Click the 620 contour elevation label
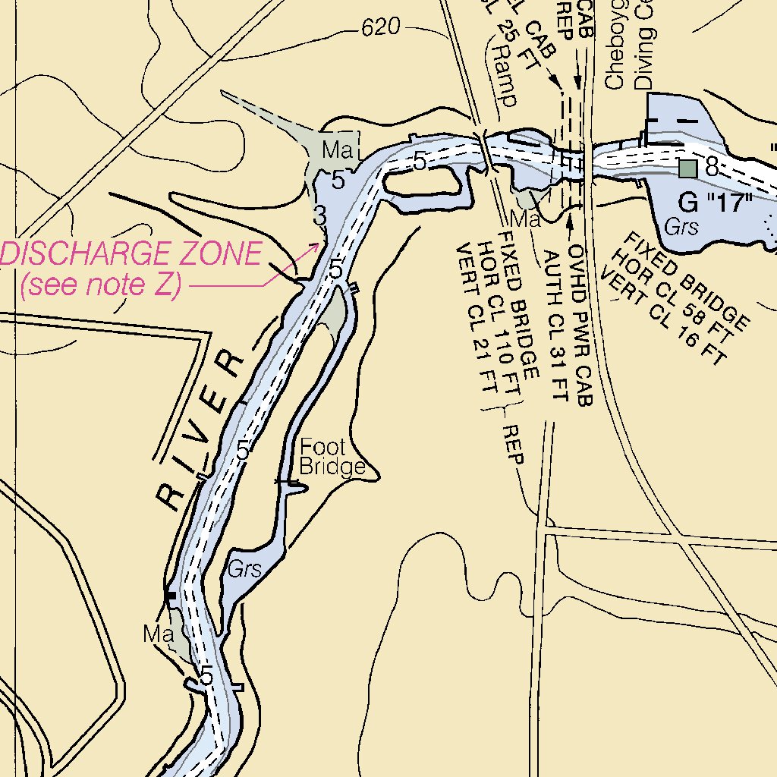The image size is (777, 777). click(x=380, y=29)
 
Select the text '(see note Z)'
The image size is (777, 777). click(x=101, y=285)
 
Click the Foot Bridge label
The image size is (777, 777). click(x=332, y=457)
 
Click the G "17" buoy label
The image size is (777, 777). click(x=714, y=203)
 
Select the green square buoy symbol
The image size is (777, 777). click(x=687, y=168)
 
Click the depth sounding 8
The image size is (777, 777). click(x=711, y=167)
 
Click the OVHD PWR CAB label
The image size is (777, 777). click(x=580, y=326)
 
